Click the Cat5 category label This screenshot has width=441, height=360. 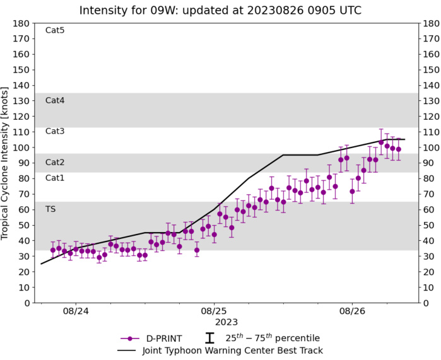pos(55,30)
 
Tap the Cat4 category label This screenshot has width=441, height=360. pos(55,100)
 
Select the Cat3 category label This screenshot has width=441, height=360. pos(55,131)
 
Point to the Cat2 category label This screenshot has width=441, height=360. pos(55,162)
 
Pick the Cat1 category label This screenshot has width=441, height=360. pos(55,178)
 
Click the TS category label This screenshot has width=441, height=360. pos(50,209)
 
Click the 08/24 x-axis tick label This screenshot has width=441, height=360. pos(76,311)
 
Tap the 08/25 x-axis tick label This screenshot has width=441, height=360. pos(214,311)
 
